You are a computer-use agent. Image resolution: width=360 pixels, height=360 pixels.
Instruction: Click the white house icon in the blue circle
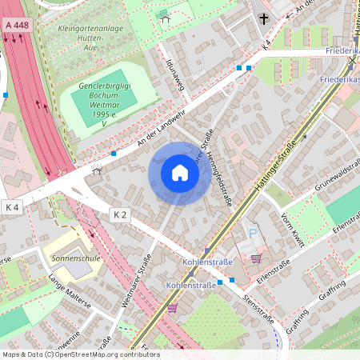180,173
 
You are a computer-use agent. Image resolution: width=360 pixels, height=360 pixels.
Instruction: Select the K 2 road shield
120,214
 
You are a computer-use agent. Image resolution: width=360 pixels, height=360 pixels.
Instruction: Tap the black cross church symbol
264,18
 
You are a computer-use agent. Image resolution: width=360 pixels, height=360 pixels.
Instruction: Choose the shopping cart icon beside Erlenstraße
256,258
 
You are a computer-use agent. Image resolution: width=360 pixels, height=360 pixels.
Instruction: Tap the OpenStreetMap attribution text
80,354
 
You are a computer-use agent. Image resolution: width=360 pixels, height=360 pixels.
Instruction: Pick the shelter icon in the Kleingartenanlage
165,17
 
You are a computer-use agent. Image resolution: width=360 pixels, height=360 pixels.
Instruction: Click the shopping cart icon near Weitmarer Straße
172,307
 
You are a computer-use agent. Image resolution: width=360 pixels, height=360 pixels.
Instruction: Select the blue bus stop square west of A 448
6,94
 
